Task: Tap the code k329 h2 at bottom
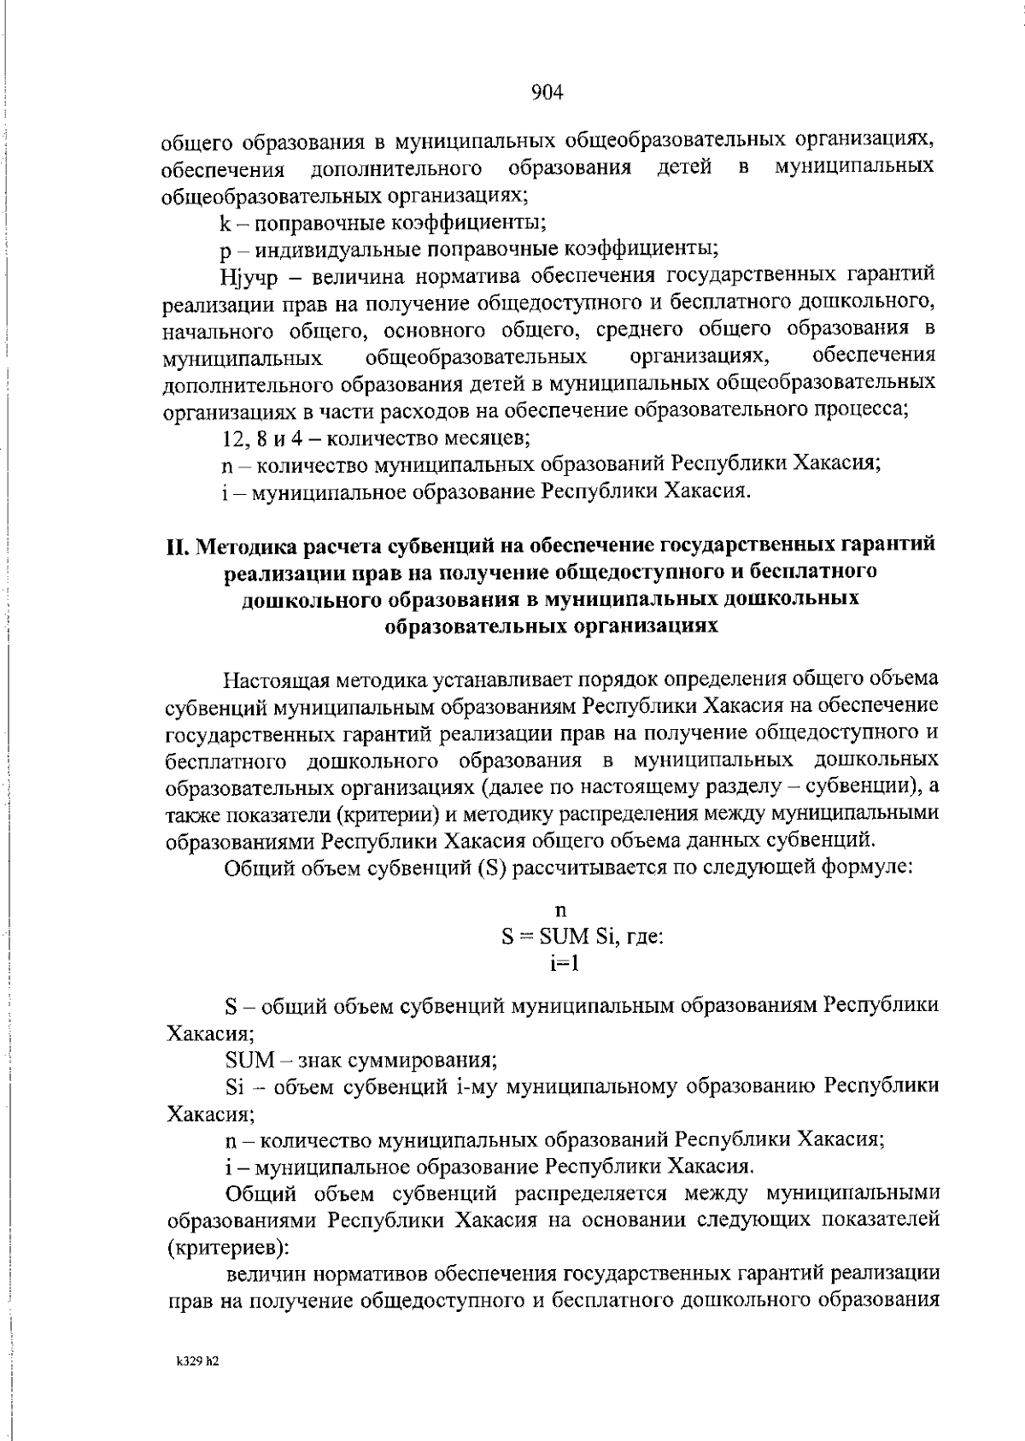(193, 1361)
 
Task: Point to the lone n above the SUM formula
(561, 912)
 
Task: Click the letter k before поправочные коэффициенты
(224, 224)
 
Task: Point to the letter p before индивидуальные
(225, 250)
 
